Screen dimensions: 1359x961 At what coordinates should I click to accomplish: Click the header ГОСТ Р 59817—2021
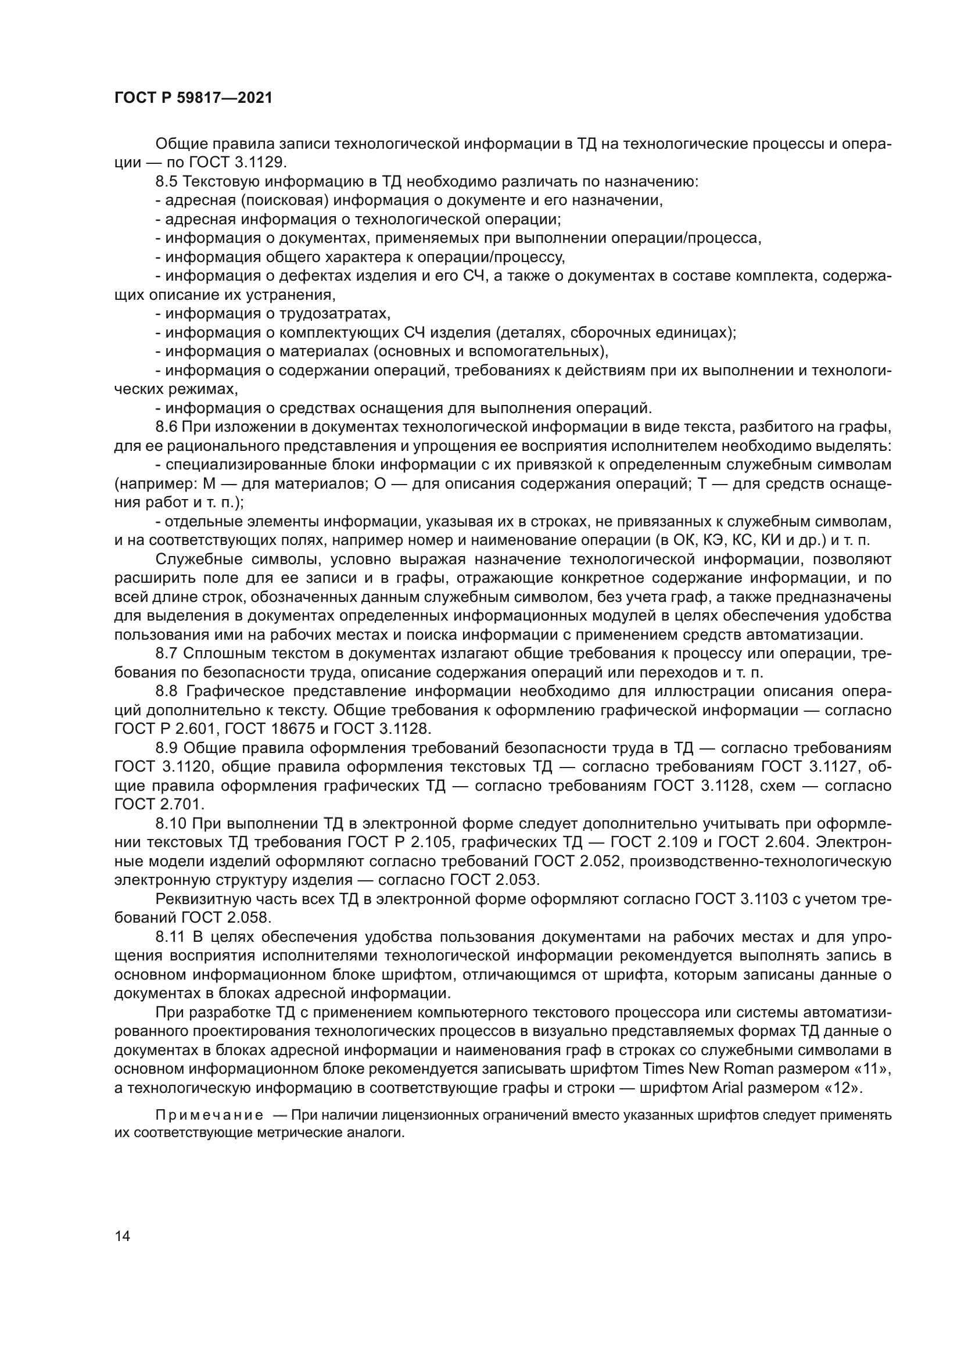tap(193, 98)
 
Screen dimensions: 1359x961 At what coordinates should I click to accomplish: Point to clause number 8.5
tap(166, 182)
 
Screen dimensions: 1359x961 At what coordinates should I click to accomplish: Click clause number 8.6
tap(166, 427)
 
